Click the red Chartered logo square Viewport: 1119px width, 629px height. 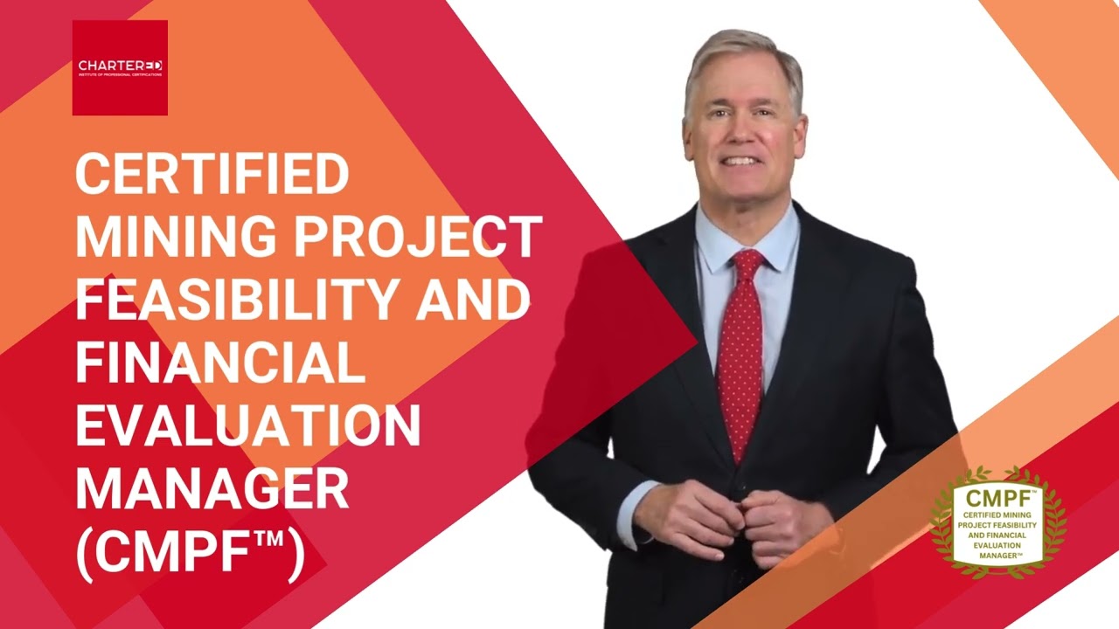click(120, 67)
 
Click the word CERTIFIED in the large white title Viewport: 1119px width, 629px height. click(212, 175)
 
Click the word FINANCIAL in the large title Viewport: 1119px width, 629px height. click(219, 361)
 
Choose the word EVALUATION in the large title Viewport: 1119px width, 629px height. click(247, 425)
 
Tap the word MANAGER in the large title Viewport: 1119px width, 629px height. click(212, 487)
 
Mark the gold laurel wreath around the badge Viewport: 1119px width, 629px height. click(941, 524)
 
